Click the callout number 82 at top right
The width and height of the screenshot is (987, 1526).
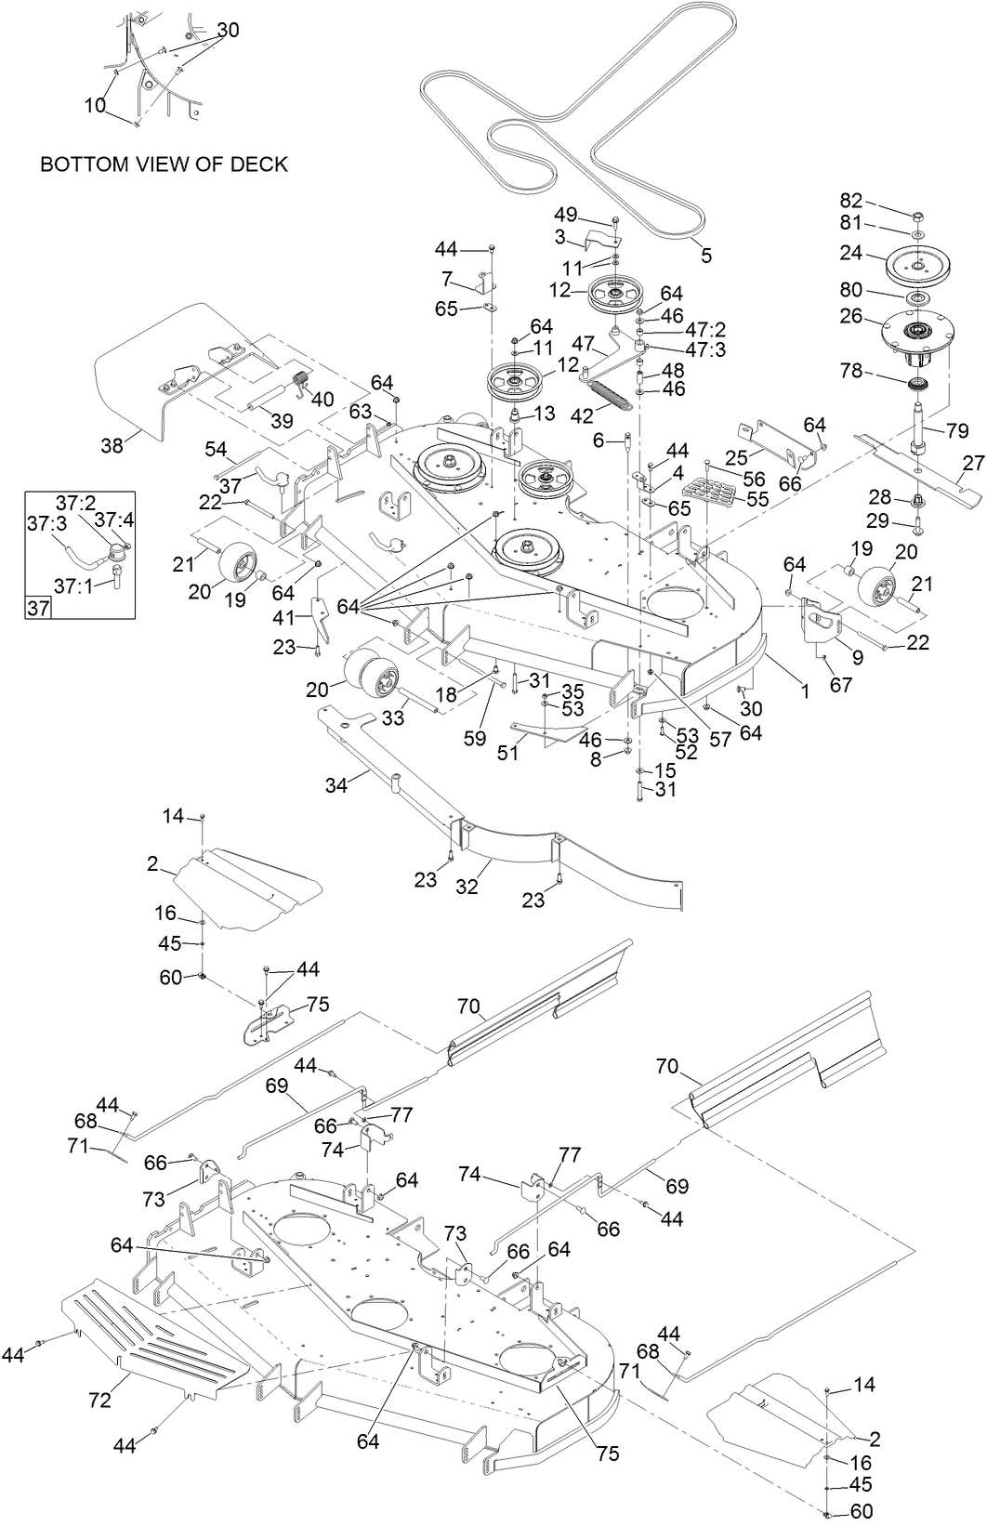coord(851,201)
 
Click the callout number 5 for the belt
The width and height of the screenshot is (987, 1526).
coord(706,255)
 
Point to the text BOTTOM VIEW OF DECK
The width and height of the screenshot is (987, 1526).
coord(164,164)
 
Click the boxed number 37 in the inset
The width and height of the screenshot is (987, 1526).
coord(38,609)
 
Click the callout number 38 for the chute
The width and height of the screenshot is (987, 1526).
coord(112,445)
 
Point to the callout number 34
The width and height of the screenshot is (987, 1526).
coord(336,785)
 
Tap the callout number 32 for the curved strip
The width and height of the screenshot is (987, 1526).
coord(467,886)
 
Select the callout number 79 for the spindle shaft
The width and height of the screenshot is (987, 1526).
coord(957,429)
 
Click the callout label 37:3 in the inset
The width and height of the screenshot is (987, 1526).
coord(46,524)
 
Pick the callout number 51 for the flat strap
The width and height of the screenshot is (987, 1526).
coord(507,754)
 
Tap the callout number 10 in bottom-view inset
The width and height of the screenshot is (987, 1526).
coord(95,105)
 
